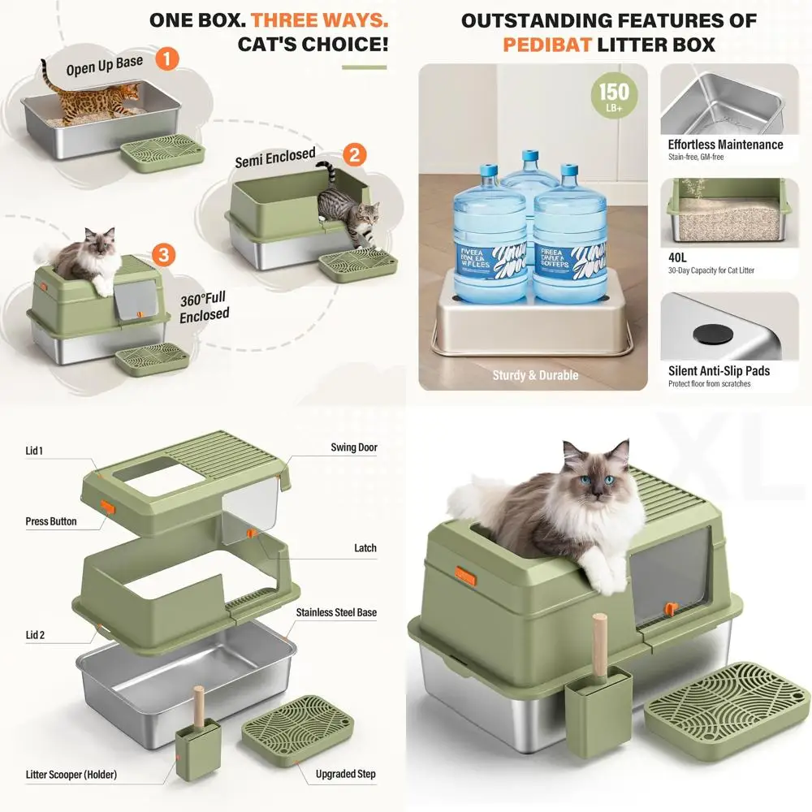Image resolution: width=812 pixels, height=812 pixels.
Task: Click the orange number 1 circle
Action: tap(166, 58)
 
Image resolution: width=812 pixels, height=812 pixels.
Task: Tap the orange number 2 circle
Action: tap(354, 154)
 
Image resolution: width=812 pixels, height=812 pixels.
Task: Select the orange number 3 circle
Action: tap(164, 255)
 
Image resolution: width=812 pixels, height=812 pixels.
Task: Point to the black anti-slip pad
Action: tap(702, 332)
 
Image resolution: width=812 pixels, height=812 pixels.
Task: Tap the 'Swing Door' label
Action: tap(353, 447)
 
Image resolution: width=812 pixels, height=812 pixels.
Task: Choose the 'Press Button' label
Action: tap(51, 521)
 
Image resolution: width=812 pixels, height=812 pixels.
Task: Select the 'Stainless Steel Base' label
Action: tap(336, 612)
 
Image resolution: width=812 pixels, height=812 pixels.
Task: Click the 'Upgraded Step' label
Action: tap(346, 774)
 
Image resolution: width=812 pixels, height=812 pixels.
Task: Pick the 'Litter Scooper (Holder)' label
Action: tap(71, 775)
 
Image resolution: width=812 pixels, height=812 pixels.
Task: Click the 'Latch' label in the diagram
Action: tap(365, 548)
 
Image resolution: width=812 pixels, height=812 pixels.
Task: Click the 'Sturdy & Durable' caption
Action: tap(535, 375)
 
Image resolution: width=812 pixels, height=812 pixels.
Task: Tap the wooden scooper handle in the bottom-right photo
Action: tap(599, 641)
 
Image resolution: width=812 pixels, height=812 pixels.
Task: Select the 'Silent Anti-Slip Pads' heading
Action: tap(719, 371)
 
